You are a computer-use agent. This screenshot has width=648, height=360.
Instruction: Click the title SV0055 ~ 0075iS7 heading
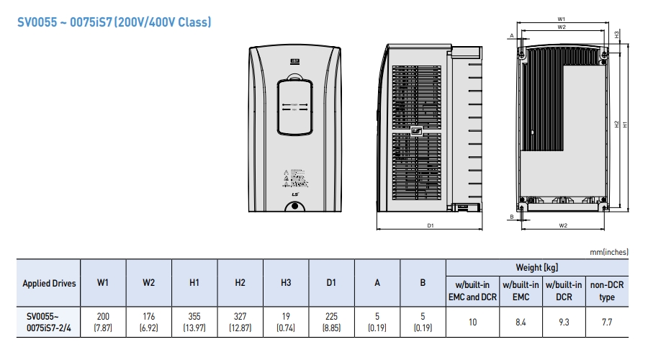[114, 22]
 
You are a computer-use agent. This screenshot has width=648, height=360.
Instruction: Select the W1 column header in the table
[103, 283]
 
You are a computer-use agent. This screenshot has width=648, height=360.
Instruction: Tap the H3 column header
[286, 283]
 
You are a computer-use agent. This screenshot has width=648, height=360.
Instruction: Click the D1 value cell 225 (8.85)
[331, 323]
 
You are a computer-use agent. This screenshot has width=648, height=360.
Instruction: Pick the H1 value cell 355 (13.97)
[194, 323]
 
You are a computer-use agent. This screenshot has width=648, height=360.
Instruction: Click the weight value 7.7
[607, 323]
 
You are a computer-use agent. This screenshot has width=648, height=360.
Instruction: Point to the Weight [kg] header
[537, 266]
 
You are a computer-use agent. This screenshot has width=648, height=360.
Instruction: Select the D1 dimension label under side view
[430, 226]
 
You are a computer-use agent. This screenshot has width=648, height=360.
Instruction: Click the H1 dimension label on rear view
[625, 124]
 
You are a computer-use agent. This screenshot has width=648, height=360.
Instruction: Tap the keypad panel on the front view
[295, 107]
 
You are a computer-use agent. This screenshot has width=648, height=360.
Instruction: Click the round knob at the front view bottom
[294, 207]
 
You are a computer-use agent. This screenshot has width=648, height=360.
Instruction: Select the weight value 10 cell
[472, 323]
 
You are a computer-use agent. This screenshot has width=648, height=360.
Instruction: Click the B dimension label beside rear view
[511, 216]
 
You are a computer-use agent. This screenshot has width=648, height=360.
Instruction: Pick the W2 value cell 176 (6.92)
[148, 323]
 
